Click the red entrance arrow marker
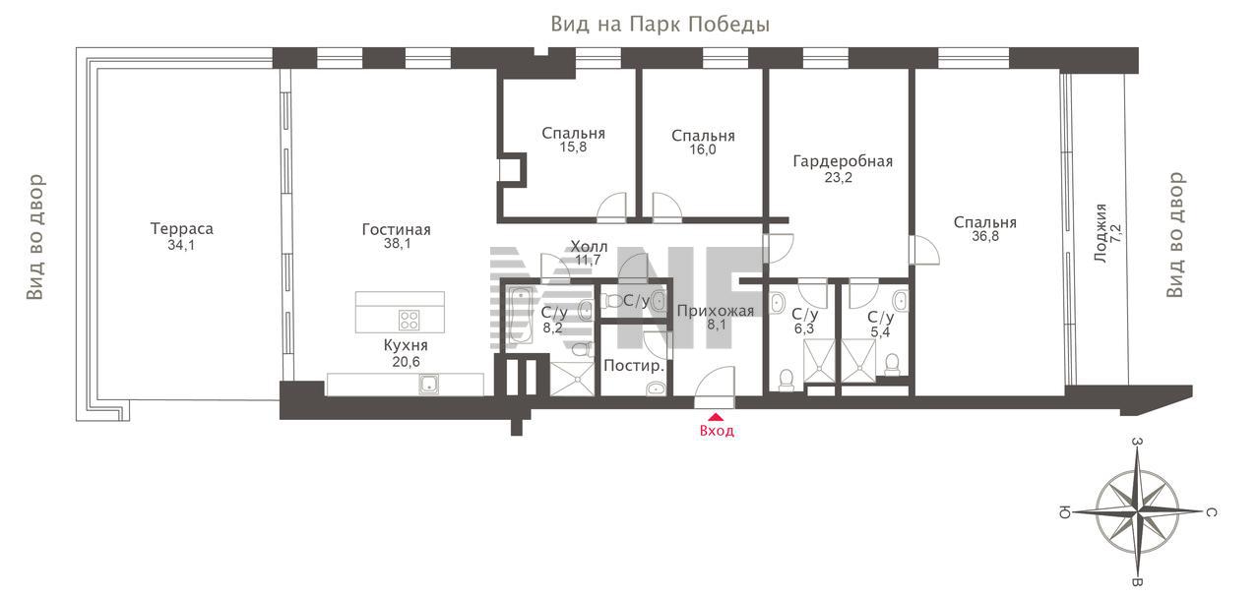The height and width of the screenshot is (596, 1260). coord(716,417)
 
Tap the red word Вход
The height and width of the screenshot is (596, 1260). coord(717,431)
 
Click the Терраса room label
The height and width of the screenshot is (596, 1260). coord(182,229)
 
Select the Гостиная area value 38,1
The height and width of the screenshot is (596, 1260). coord(397,244)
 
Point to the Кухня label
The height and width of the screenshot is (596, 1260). coord(406,344)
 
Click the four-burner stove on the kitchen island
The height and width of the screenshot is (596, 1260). coord(409,320)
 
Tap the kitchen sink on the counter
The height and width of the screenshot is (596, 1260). coord(430,384)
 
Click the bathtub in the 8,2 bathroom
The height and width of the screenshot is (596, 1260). coord(519,316)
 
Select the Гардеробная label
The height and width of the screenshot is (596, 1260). coord(843,161)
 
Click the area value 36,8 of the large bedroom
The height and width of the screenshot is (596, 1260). coord(985,236)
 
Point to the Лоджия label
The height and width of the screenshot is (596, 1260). coord(1101,233)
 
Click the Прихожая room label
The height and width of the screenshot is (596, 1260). coord(716,311)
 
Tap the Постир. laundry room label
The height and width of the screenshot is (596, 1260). coord(634,366)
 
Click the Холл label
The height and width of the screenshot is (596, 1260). coord(589,246)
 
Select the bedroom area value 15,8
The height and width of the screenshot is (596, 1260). coord(573,148)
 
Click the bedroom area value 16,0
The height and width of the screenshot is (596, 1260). coord(703,149)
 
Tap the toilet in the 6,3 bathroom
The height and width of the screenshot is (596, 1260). coord(787,380)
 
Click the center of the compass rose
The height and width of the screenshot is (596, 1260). coord(1137,512)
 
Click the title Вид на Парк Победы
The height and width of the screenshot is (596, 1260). coord(660,25)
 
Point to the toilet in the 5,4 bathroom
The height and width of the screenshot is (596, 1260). coord(892,364)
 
